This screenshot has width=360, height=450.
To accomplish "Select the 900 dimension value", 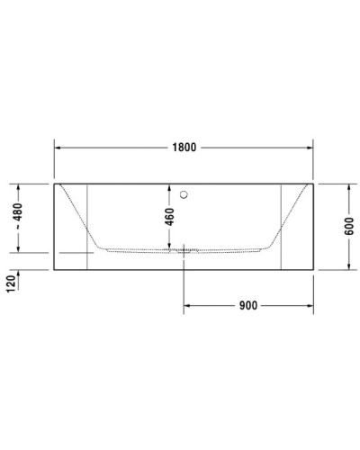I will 249,305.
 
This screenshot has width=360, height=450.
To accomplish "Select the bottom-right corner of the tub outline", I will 314,269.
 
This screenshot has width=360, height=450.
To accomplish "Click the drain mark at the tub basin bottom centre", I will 184,249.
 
